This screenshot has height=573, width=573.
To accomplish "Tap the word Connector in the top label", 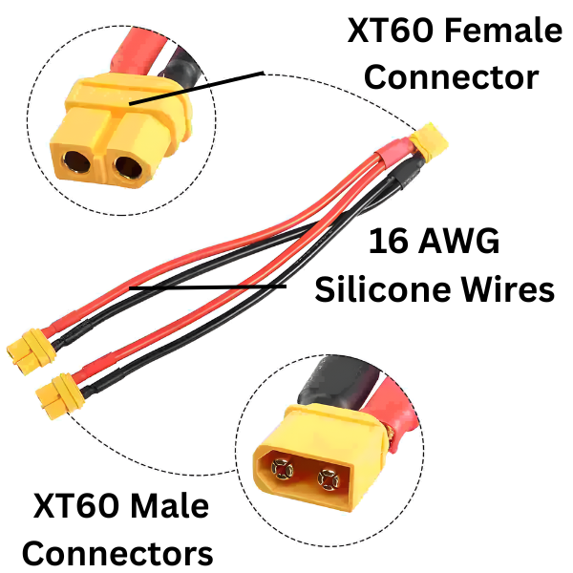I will coord(452,76).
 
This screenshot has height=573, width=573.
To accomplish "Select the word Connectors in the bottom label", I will coord(117,551).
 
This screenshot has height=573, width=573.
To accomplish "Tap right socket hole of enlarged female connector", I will coord(128,170).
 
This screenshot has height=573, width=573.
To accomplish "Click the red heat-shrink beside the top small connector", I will coord(391,153).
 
